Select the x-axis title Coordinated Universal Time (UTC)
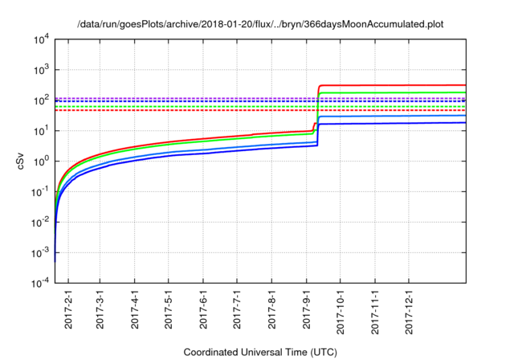[x=260, y=351]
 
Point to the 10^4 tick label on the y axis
[x=42, y=39]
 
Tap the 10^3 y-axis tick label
[x=42, y=70]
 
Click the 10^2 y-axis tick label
[x=42, y=100]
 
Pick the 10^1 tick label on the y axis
[x=42, y=131]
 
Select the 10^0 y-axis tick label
[x=42, y=162]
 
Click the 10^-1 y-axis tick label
[x=41, y=192]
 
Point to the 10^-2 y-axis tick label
[x=41, y=223]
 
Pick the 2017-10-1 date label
[x=341, y=310]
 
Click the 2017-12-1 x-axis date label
[x=410, y=310]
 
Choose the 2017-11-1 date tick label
[x=375, y=310]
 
